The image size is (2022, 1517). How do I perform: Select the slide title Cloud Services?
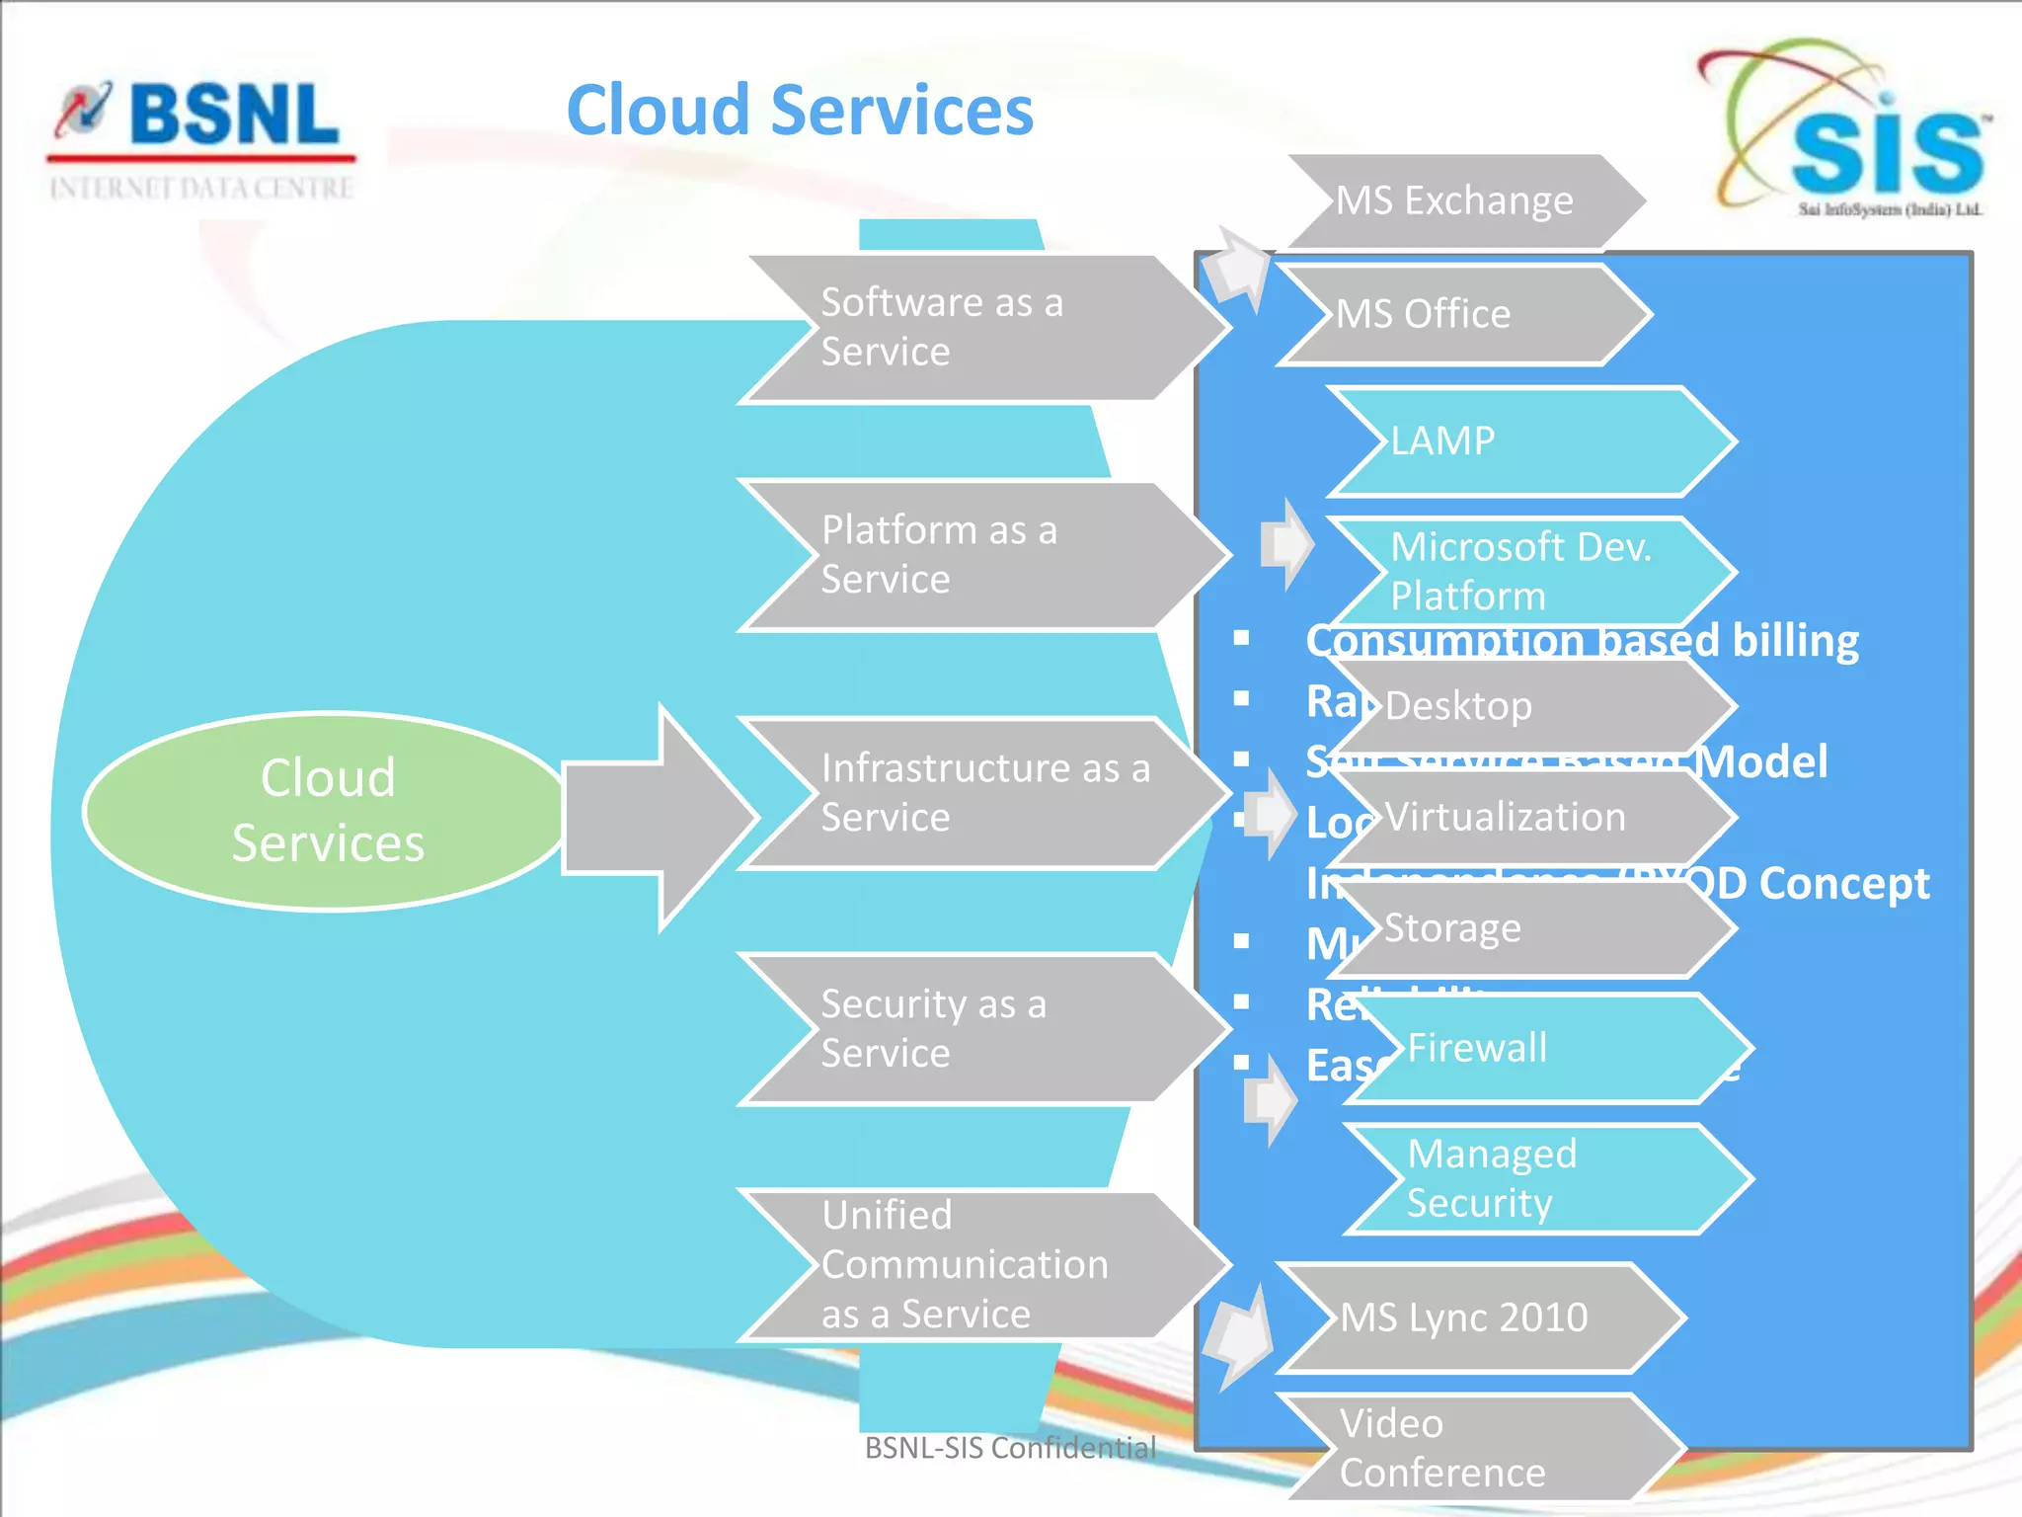click(x=800, y=110)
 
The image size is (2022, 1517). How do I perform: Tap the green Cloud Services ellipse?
click(x=326, y=810)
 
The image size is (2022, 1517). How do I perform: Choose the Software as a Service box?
click(x=977, y=328)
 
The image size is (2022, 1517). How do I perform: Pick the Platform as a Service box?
click(x=977, y=555)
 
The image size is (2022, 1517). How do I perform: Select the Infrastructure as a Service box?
click(x=977, y=793)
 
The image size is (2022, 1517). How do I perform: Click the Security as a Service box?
click(x=977, y=1029)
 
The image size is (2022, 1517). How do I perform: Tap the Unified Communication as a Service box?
click(x=977, y=1265)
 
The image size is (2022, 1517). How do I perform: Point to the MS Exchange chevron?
click(x=1461, y=200)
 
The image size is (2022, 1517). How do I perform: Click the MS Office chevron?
click(x=1461, y=314)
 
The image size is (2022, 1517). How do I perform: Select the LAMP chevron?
click(x=1530, y=440)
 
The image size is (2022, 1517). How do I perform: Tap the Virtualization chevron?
click(x=1530, y=818)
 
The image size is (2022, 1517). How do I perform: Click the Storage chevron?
click(x=1530, y=929)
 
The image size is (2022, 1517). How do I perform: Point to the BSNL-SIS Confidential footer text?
click(x=1010, y=1448)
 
